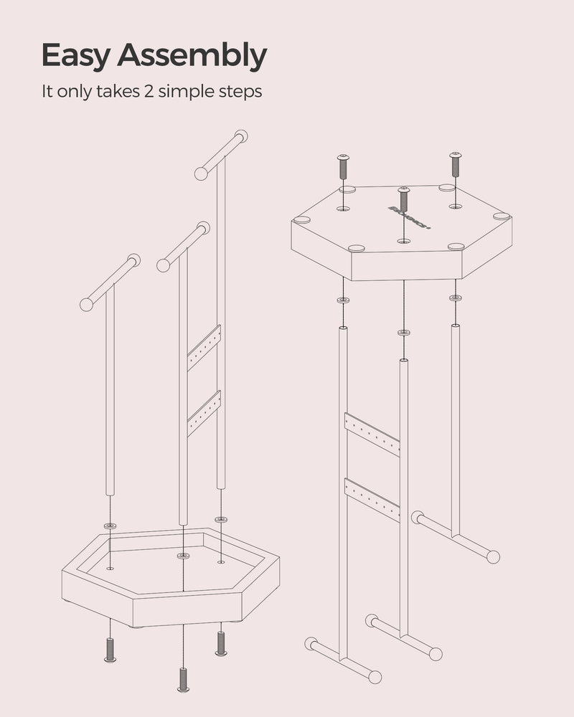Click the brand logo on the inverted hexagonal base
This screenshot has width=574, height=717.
tap(410, 218)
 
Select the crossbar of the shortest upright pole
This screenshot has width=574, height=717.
tap(110, 282)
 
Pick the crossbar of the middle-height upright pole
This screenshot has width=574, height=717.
tap(183, 247)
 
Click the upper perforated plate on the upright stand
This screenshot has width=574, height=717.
tap(204, 348)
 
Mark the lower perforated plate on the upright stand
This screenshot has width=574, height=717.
tap(204, 414)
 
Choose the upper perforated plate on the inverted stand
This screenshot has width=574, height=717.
tap(372, 435)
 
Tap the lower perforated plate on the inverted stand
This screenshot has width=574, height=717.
tap(372, 500)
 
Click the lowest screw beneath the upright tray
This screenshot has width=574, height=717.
tap(183, 679)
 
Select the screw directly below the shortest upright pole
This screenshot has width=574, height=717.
tap(110, 650)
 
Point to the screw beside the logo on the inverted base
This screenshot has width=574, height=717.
tap(403, 199)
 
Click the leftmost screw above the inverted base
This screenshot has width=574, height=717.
tap(343, 167)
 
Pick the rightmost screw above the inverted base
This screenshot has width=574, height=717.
tap(456, 164)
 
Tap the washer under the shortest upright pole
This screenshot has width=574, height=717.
tap(110, 526)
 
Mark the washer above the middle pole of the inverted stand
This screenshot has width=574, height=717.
tap(403, 333)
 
